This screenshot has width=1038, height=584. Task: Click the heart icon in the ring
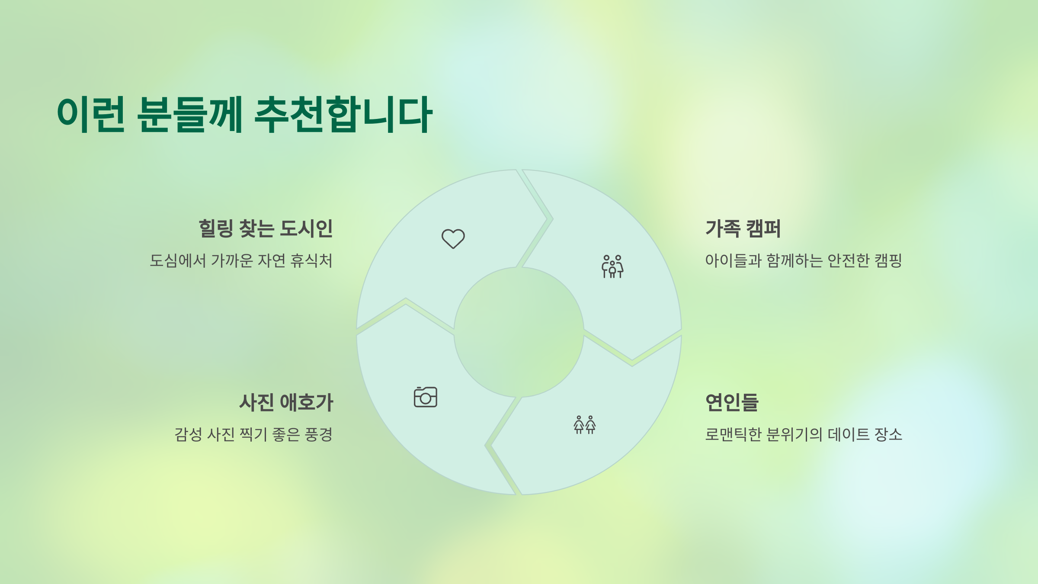click(x=453, y=238)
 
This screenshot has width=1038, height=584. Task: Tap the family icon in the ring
click(x=612, y=266)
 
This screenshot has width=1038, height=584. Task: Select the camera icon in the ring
click(x=426, y=397)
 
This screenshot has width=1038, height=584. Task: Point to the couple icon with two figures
click(x=585, y=425)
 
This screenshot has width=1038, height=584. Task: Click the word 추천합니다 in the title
click(x=343, y=115)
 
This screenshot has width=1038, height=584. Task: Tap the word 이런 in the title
click(x=91, y=115)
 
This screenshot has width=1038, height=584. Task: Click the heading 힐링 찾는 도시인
click(x=266, y=228)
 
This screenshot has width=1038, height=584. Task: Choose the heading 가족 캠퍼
click(x=743, y=228)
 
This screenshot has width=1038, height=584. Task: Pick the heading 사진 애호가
click(x=286, y=402)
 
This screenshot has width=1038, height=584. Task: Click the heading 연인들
click(x=732, y=402)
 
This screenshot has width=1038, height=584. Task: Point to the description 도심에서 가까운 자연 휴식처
click(x=241, y=260)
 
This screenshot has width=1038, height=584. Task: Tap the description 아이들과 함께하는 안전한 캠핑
click(x=803, y=260)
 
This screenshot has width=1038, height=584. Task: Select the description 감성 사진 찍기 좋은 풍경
click(x=253, y=434)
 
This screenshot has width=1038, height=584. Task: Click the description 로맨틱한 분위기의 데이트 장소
click(x=804, y=434)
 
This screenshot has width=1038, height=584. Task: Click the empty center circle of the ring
click(x=519, y=332)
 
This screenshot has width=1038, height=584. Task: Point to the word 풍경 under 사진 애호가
click(x=319, y=434)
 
